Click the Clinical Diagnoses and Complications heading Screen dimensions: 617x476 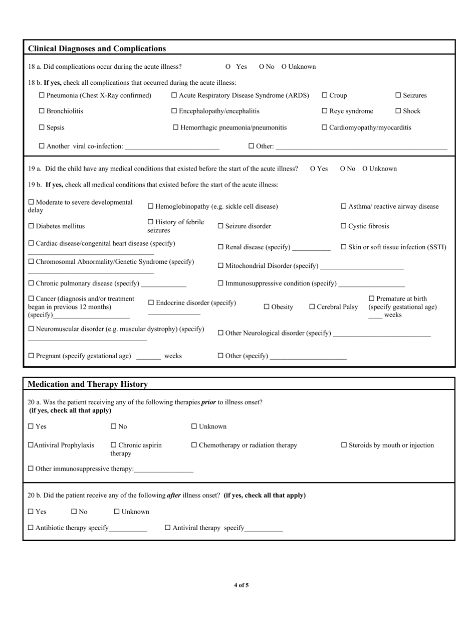click(97, 49)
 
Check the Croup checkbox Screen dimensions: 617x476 click(324, 95)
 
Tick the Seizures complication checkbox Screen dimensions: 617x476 click(398, 95)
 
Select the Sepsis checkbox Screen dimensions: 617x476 click(42, 127)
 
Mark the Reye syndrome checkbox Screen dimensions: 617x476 click(324, 111)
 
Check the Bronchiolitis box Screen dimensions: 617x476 click(42, 111)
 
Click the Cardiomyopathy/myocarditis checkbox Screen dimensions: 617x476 click(324, 127)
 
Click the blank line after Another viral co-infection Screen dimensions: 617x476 click(172, 147)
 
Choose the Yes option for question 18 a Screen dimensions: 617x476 click(228, 67)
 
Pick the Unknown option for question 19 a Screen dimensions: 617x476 click(365, 169)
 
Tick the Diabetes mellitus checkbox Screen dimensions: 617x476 click(31, 226)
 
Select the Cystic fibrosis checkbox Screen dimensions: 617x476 click(344, 226)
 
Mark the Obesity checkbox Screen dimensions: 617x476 click(267, 307)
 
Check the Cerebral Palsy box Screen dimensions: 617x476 click(312, 307)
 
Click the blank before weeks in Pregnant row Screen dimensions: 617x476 click(148, 357)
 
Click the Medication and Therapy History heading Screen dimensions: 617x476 click(88, 384)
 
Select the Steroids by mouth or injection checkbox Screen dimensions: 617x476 click(344, 445)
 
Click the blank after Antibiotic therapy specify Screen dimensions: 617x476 click(128, 529)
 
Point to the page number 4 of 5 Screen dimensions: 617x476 click(241, 585)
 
